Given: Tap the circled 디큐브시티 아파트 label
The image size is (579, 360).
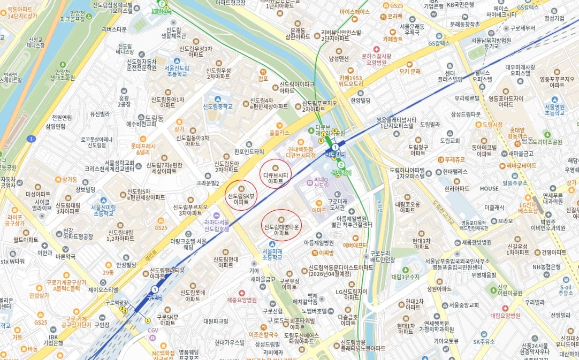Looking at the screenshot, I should [x=276, y=178].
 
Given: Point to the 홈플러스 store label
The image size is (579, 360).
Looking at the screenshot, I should [x=279, y=132].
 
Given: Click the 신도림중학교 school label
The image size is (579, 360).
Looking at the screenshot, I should [x=218, y=106].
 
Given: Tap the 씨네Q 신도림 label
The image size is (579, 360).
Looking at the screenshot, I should [x=321, y=182].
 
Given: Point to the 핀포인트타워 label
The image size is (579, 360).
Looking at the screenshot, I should [x=249, y=151].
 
